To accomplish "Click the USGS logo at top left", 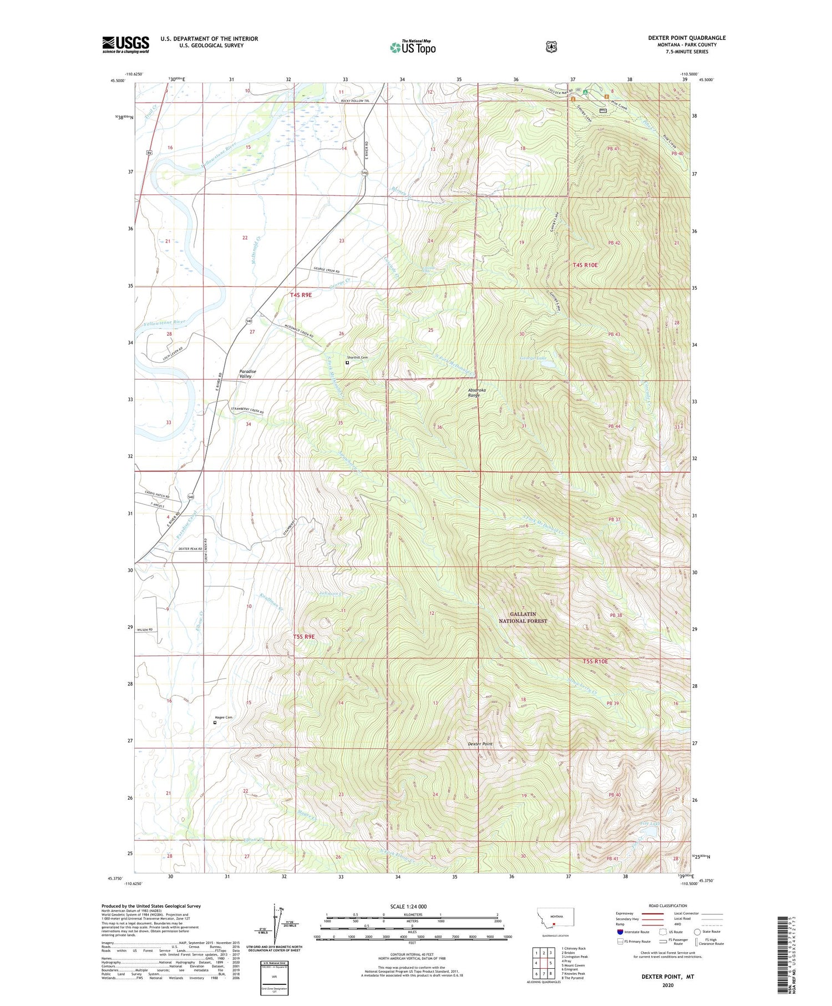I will (x=125, y=44).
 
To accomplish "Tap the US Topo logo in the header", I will (x=413, y=47).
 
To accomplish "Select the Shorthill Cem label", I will (x=358, y=357).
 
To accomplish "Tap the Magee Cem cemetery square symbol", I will (x=215, y=722).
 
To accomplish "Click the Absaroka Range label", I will (x=476, y=392).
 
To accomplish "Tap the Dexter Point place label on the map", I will (x=480, y=744).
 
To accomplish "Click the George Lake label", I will (x=534, y=358).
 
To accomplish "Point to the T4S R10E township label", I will (x=585, y=265).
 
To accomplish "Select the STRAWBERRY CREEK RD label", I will (x=247, y=412).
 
